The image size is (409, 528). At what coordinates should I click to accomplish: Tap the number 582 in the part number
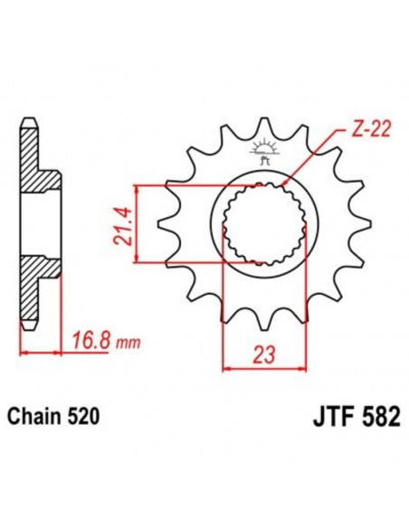pos(362,419)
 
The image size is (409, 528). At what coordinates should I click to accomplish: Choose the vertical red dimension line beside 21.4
pos(136,225)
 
